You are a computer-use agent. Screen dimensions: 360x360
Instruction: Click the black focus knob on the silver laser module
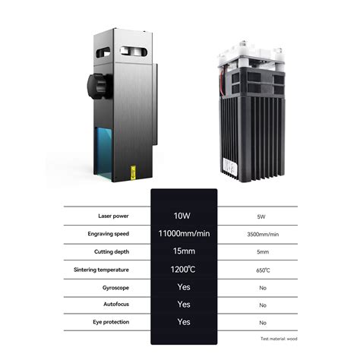(99, 86)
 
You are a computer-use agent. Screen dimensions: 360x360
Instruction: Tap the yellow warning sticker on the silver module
(134, 172)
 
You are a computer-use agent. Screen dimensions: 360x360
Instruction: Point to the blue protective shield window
(103, 153)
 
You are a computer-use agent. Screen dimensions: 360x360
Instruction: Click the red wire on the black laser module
(222, 81)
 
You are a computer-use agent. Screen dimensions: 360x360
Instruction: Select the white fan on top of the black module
(250, 54)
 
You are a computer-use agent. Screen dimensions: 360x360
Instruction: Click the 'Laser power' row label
(113, 216)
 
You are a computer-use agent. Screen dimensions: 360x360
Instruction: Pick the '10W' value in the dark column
(182, 216)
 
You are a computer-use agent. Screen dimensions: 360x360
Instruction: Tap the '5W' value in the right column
(261, 216)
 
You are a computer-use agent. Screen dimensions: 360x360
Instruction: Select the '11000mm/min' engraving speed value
(184, 233)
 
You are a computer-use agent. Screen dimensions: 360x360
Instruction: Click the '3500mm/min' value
(263, 234)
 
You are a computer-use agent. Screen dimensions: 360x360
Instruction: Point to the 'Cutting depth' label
(112, 251)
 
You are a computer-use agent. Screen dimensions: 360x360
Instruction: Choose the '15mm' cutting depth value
(184, 251)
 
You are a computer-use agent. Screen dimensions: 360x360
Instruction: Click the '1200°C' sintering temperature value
(183, 269)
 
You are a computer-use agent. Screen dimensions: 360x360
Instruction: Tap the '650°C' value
(263, 270)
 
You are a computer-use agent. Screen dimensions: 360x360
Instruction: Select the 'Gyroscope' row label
(115, 288)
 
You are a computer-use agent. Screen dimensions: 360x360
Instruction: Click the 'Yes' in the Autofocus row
(184, 305)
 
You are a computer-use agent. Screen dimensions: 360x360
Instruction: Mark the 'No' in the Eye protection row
(263, 323)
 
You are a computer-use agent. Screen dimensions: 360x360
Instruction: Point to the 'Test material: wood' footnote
(279, 339)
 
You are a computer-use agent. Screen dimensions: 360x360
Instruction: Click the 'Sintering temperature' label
(101, 270)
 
